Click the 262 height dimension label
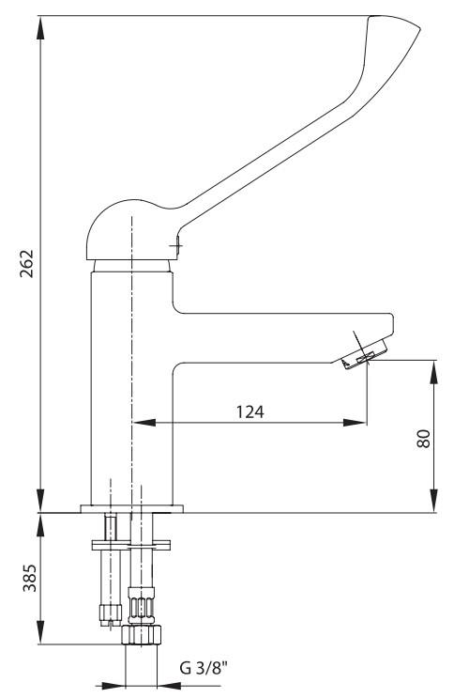(x=26, y=263)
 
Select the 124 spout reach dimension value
(x=250, y=411)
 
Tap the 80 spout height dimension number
(x=423, y=439)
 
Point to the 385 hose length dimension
(x=29, y=578)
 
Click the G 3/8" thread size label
(x=204, y=668)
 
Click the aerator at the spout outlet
(x=364, y=354)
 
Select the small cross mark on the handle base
(x=176, y=245)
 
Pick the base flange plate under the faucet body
(x=131, y=509)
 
